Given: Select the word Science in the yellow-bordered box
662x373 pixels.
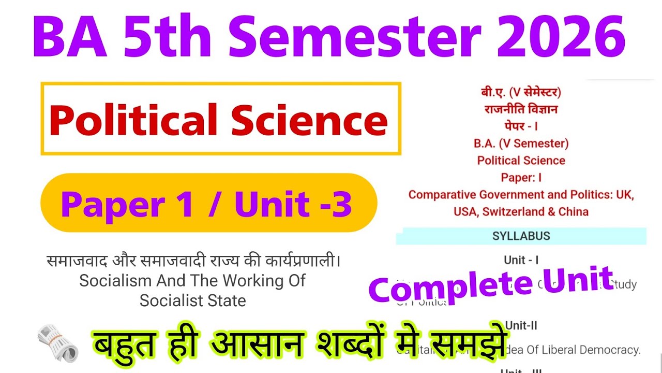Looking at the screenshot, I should click(x=309, y=120).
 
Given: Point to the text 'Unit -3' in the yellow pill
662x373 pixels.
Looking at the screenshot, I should click(x=293, y=204).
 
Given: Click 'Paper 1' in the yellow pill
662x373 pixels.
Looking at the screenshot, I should click(x=127, y=204).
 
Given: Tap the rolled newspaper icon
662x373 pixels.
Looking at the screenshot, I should click(x=57, y=343).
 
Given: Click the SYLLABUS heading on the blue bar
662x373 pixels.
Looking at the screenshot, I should click(x=521, y=236).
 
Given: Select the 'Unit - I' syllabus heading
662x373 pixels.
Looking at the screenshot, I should click(x=521, y=260).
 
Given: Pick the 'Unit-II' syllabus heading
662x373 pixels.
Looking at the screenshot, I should click(x=521, y=326).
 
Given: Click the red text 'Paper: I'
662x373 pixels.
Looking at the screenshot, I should click(x=521, y=178).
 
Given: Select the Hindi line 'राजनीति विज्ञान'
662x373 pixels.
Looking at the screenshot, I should click(x=521, y=109).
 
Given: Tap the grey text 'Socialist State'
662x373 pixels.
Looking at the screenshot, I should click(x=192, y=300).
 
